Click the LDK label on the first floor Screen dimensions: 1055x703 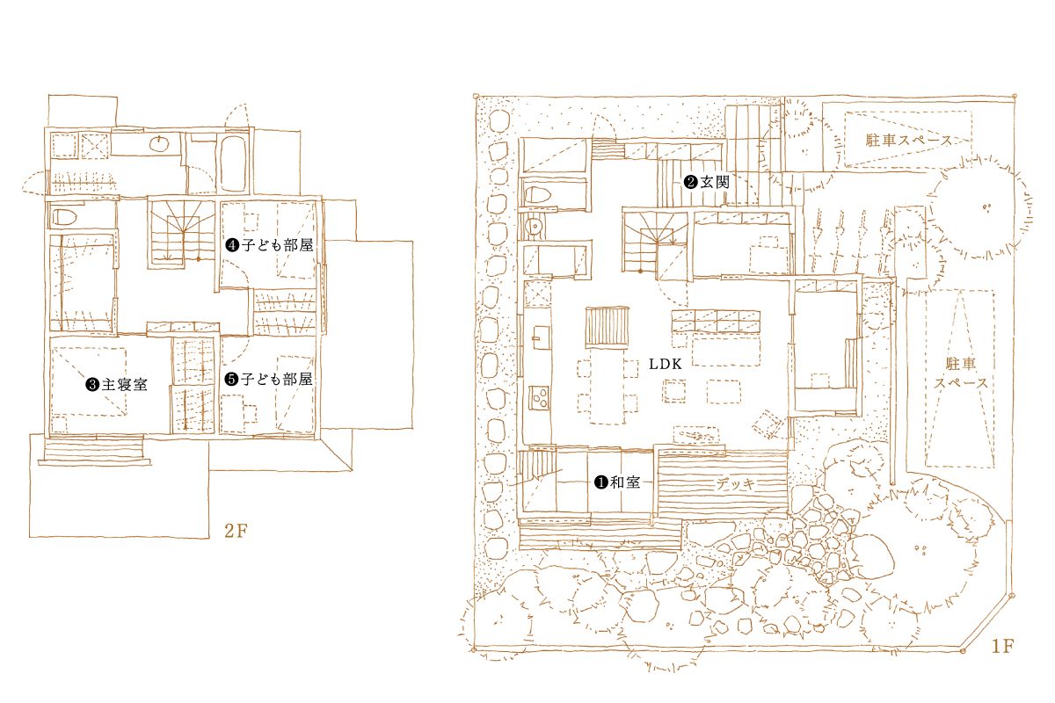click(x=665, y=364)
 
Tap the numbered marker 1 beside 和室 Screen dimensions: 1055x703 click(x=601, y=482)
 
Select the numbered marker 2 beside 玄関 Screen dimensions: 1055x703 click(x=690, y=182)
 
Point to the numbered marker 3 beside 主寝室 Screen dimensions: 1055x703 click(x=92, y=384)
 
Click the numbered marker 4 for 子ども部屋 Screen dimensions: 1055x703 click(x=232, y=245)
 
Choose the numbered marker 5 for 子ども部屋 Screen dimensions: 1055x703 click(x=231, y=379)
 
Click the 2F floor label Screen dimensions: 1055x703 click(x=236, y=531)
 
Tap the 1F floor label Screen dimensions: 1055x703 click(x=1002, y=646)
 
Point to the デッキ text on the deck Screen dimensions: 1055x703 click(x=736, y=483)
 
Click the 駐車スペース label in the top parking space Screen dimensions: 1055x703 click(x=909, y=140)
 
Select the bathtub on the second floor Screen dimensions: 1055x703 click(x=233, y=163)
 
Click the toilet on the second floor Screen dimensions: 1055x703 click(x=64, y=217)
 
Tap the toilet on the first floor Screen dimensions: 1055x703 click(x=537, y=194)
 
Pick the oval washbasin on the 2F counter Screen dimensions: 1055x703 click(x=160, y=143)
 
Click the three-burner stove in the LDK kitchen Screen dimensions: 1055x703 click(x=539, y=397)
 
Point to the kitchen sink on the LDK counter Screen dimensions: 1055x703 click(x=541, y=337)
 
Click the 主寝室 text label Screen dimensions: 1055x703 click(x=124, y=384)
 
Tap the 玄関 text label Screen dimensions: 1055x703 click(x=714, y=182)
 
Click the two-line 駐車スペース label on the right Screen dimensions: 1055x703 click(x=961, y=373)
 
